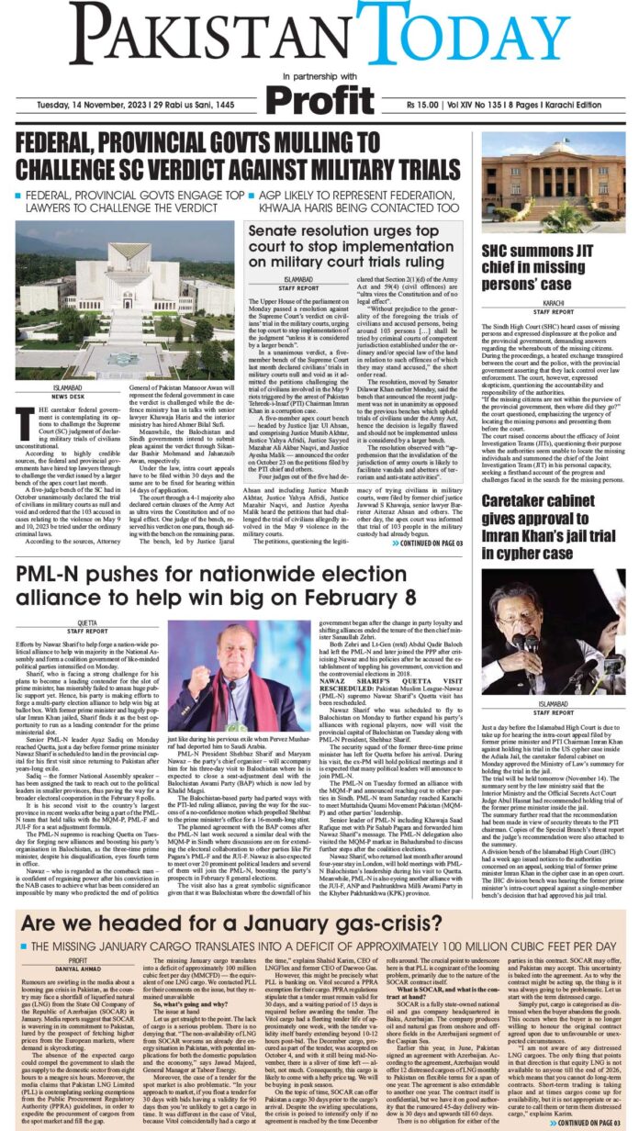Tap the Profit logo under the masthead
[319, 99]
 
